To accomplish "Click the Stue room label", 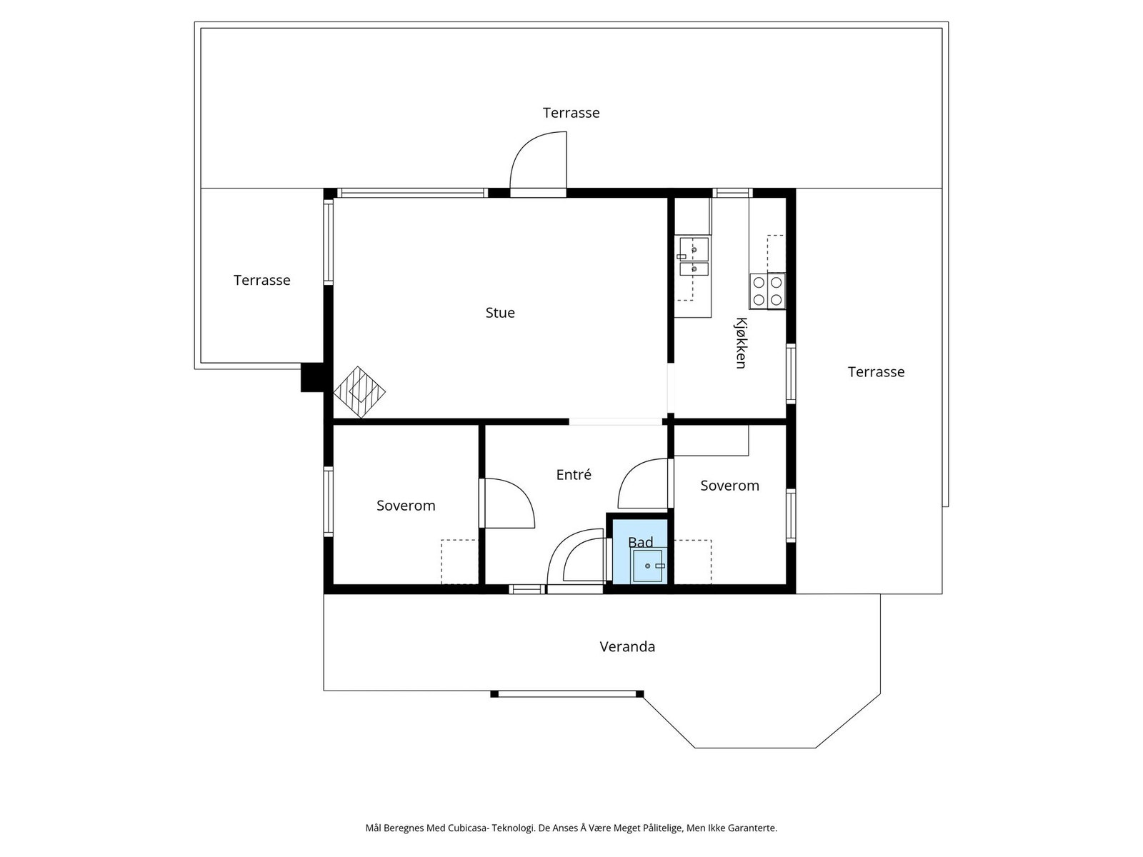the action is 500,313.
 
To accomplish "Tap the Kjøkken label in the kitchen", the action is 741,343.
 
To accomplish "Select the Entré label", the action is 574,474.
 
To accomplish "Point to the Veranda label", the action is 627,646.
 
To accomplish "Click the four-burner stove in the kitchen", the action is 767,291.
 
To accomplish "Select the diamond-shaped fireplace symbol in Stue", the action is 359,392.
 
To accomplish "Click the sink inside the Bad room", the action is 647,566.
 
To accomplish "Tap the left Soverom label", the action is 406,505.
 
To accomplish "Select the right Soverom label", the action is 729,486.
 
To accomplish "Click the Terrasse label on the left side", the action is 262,280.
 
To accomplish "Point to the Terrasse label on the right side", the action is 876,371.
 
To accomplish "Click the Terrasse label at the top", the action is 571,112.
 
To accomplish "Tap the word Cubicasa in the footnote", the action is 469,827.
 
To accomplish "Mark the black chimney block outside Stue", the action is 312,377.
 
